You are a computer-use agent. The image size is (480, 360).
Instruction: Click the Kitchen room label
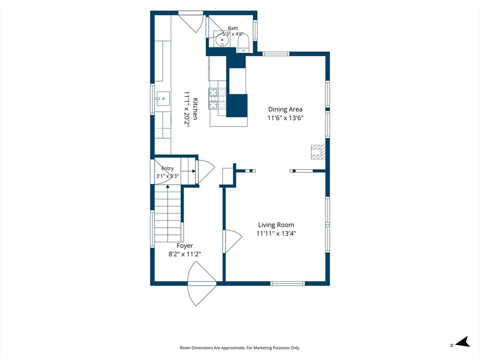click(195, 109)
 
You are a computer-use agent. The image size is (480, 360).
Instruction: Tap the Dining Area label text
click(285, 109)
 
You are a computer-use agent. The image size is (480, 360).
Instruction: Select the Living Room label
click(276, 225)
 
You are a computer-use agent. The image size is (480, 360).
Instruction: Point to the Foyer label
click(185, 246)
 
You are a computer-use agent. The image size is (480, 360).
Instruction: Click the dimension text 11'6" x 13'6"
click(285, 118)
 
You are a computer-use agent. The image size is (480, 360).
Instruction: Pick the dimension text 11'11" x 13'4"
click(276, 233)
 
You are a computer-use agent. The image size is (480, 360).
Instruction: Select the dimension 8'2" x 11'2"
click(185, 254)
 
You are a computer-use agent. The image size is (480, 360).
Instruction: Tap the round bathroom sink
click(222, 40)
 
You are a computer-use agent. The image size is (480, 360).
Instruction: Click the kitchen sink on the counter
click(163, 98)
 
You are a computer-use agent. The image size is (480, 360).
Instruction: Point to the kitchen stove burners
click(217, 98)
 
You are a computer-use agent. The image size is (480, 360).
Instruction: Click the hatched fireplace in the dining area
click(318, 152)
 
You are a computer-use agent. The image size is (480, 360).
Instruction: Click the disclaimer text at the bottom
click(240, 348)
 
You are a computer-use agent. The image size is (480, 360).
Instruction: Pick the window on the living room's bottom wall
click(287, 284)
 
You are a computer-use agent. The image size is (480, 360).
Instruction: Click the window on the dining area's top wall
click(276, 54)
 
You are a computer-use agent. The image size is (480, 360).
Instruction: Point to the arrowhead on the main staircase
click(168, 186)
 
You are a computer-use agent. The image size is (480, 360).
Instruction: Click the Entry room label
click(167, 168)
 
